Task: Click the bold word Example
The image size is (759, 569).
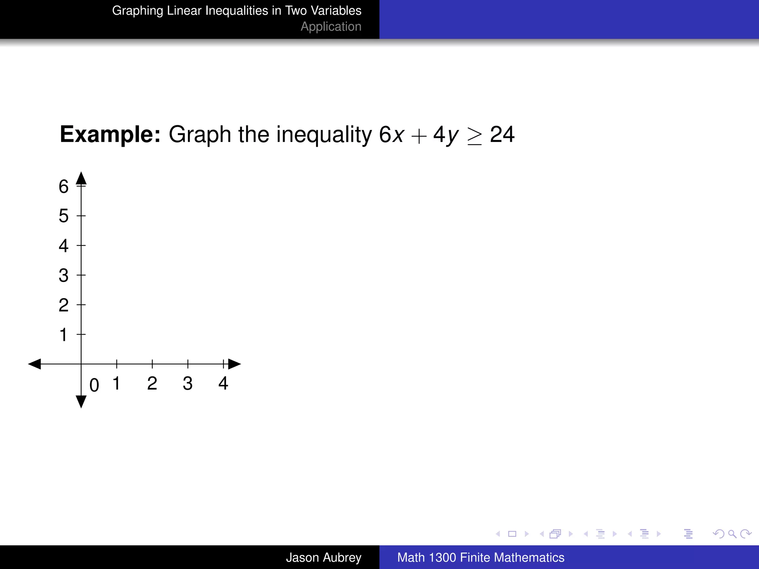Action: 110,134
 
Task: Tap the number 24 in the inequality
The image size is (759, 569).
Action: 502,134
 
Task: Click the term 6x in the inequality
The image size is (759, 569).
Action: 391,134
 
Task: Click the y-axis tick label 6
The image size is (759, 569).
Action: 64,186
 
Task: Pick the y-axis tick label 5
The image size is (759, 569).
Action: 64,216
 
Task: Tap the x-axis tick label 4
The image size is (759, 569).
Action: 223,383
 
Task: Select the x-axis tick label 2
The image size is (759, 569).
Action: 152,383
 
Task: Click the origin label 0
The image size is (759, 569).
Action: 94,385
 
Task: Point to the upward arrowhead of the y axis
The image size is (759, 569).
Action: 81,179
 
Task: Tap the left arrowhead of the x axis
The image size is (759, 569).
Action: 35,364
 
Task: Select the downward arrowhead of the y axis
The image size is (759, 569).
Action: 81,402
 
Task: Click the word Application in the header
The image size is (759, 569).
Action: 331,27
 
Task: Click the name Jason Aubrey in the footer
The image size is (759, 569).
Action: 324,558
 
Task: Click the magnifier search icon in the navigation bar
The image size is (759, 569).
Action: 732,534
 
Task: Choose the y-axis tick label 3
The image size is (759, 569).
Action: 64,275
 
